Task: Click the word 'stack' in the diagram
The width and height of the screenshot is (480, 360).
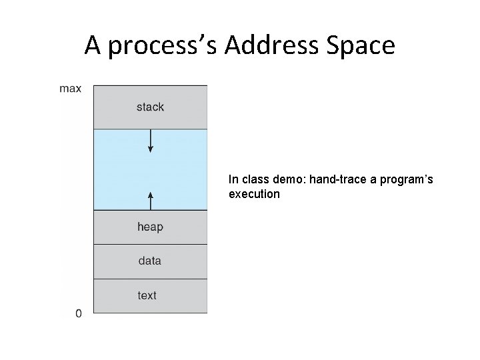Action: click(150, 107)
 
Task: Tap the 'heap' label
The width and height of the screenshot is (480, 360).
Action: click(150, 227)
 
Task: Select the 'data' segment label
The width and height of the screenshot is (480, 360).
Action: click(150, 261)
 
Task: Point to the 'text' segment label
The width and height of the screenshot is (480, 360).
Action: click(147, 295)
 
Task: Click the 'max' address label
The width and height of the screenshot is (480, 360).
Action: click(71, 89)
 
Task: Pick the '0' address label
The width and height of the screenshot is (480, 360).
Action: click(79, 313)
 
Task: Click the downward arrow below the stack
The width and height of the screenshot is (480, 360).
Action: click(151, 141)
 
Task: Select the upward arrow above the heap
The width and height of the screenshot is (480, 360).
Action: click(151, 200)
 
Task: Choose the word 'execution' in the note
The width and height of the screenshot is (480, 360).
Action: click(254, 194)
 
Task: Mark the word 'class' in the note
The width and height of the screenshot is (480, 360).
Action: click(255, 179)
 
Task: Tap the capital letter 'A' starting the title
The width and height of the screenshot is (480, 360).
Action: click(93, 45)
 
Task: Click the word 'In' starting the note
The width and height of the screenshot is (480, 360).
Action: click(233, 179)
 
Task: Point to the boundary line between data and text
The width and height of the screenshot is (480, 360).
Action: click(150, 279)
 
